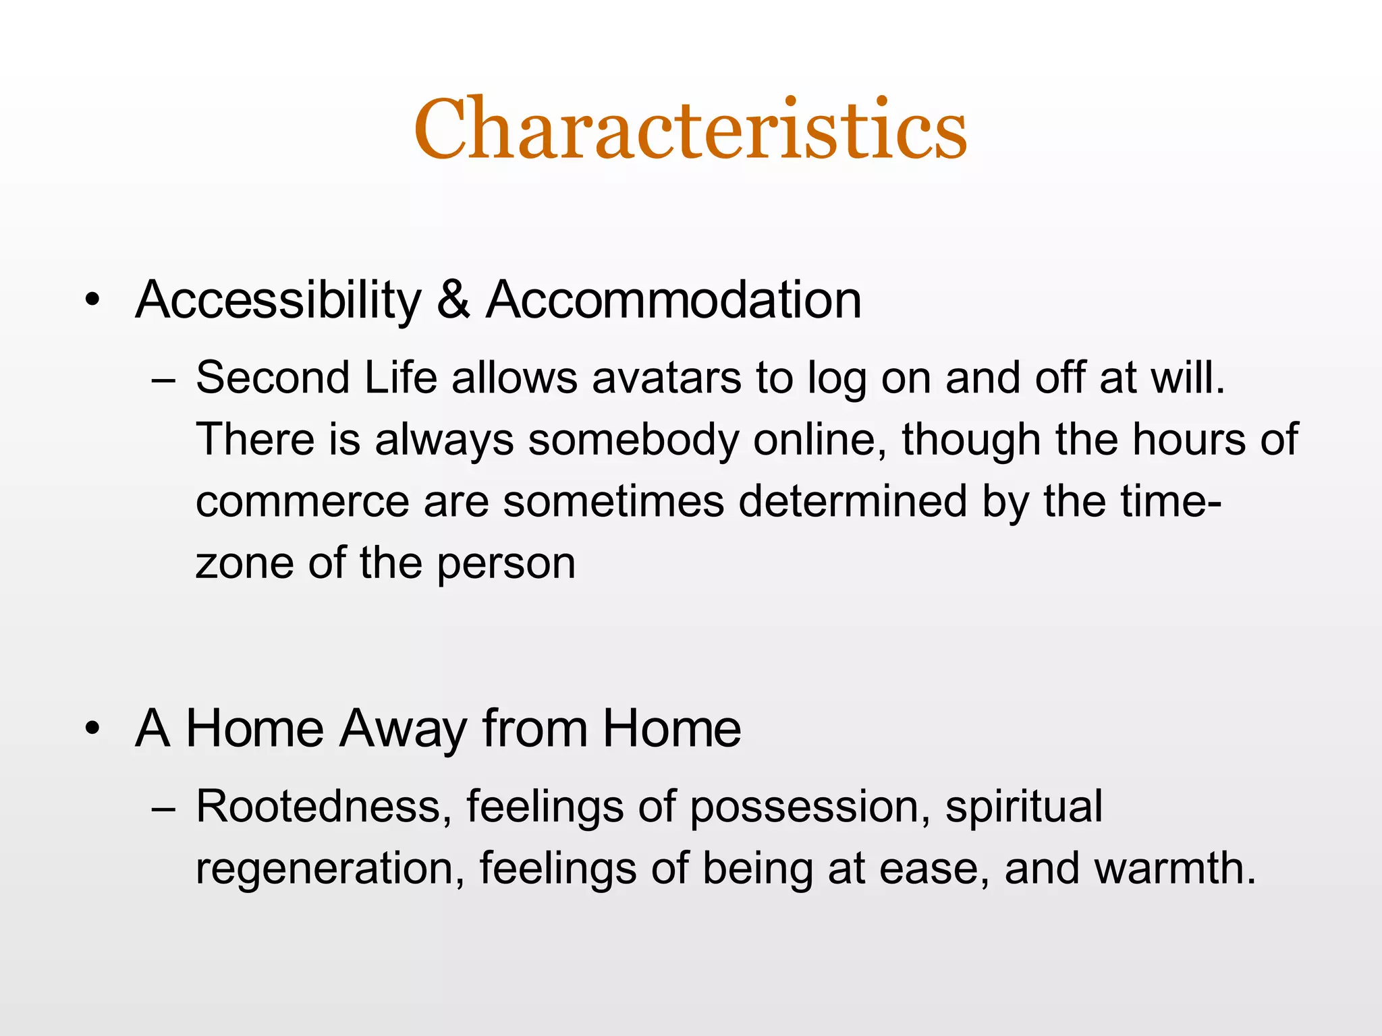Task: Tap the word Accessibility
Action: [278, 300]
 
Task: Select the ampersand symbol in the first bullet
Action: [453, 300]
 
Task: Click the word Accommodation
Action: [673, 300]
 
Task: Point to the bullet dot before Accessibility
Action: [92, 300]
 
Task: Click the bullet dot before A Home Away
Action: [92, 729]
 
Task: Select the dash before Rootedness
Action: [163, 808]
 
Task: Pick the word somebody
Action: [633, 440]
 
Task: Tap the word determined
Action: [853, 502]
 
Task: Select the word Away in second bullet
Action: [403, 729]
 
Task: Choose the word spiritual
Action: [1024, 807]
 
